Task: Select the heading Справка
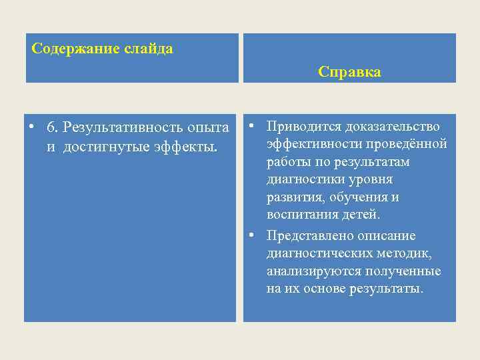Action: (x=349, y=72)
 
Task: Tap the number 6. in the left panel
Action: (x=53, y=127)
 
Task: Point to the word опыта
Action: (x=208, y=127)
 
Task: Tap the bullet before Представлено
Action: (x=251, y=235)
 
